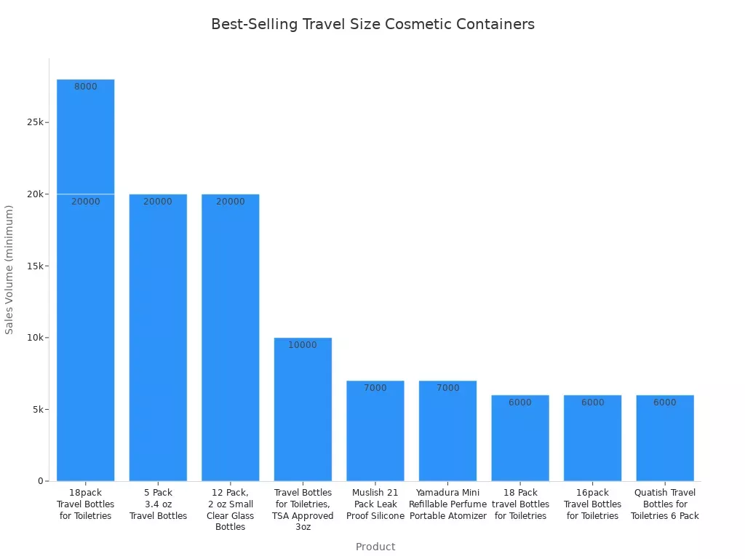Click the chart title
pos(372,24)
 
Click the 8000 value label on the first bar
pos(86,87)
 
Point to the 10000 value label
pos(303,345)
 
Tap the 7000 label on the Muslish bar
pos(375,388)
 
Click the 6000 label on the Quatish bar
pos(665,403)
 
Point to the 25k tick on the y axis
pos(36,122)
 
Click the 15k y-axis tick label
pos(36,266)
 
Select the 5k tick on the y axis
pos(39,409)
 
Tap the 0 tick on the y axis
pos(41,481)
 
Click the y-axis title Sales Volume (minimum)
pos(9,269)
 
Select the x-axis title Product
pos(375,547)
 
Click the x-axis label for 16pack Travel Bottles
pos(593,504)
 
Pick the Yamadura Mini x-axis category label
pos(447,504)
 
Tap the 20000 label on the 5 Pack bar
pos(158,202)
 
